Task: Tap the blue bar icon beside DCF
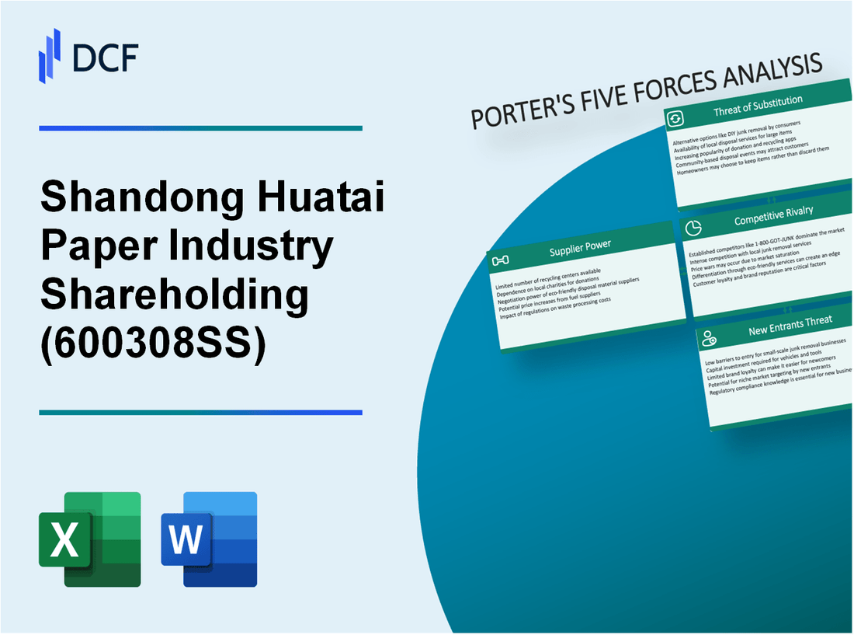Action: pyautogui.click(x=50, y=55)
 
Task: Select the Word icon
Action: pyautogui.click(x=209, y=539)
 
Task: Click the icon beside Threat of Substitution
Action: pyautogui.click(x=675, y=118)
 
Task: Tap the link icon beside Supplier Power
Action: pyautogui.click(x=501, y=260)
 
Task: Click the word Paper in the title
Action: pyautogui.click(x=100, y=248)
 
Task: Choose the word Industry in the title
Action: pyautogui.click(x=252, y=248)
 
